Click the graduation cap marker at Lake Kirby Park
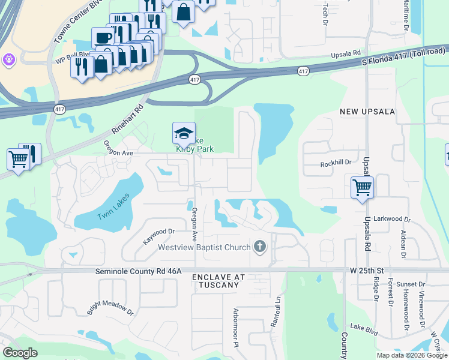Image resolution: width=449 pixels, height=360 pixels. point(184,133)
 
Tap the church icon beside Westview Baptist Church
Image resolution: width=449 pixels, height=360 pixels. point(260,246)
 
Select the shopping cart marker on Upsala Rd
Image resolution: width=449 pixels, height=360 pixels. point(362,187)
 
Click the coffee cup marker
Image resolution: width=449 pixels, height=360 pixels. point(103,38)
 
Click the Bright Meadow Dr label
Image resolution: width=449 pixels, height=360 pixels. point(110,304)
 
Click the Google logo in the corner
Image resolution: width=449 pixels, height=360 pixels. point(21,353)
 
